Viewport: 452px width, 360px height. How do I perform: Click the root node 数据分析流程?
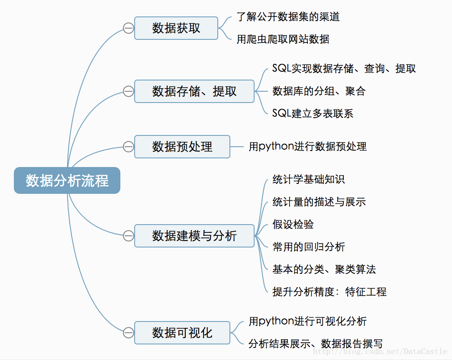click(67, 180)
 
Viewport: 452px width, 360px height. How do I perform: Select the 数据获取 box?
click(176, 28)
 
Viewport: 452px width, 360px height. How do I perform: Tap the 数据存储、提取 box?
click(194, 91)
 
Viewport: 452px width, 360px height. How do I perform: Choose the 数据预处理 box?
click(182, 147)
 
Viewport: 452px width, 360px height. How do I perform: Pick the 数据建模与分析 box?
click(194, 236)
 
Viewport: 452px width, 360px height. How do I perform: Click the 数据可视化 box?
click(182, 333)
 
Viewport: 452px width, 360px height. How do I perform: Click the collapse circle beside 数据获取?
click(128, 29)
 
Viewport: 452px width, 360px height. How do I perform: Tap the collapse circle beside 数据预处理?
click(128, 147)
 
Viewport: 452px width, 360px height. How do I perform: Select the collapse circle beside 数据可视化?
click(128, 333)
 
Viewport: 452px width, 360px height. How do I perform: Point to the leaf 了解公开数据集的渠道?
click(288, 17)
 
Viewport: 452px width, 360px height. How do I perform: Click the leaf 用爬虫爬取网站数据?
click(283, 39)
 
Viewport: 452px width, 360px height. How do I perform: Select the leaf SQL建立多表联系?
click(313, 113)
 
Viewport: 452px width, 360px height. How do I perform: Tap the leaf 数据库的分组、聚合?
click(319, 91)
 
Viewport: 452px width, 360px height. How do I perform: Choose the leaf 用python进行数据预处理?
click(307, 146)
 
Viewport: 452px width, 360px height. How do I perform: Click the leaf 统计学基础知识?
click(308, 180)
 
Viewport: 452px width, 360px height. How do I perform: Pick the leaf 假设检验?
click(293, 224)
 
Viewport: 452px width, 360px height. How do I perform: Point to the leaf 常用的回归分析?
click(308, 247)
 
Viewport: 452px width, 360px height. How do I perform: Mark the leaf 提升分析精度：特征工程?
click(329, 292)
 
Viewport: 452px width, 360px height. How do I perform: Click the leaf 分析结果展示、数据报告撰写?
click(316, 344)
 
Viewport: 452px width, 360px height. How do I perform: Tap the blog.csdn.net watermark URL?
click(380, 352)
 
